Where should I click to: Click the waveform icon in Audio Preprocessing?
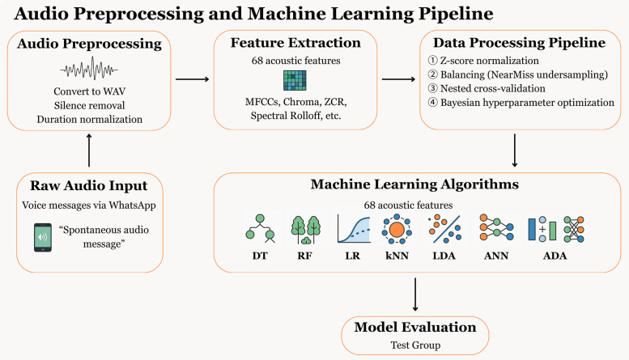[89, 70]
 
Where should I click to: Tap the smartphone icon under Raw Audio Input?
[43, 237]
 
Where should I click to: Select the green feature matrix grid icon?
[295, 80]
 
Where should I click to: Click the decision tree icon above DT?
[261, 228]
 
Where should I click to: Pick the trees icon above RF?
[306, 230]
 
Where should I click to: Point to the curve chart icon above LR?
[354, 228]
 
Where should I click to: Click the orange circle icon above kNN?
[397, 229]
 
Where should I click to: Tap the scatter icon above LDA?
[444, 229]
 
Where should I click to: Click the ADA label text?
[555, 256]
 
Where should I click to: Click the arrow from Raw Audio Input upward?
[89, 150]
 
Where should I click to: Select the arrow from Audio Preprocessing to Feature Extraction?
[193, 79]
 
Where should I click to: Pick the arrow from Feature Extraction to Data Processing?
[399, 79]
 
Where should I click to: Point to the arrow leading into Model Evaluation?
[415, 294]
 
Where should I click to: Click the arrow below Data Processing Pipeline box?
[515, 150]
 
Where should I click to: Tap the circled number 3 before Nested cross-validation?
[432, 88]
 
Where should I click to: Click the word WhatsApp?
[133, 205]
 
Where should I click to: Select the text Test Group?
[415, 345]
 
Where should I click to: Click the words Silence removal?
[90, 105]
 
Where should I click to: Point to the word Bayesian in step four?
[460, 103]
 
